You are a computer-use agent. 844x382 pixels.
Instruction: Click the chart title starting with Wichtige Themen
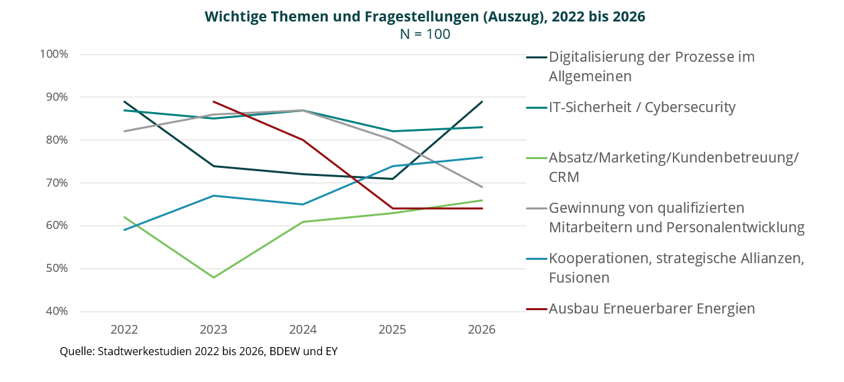pyautogui.click(x=425, y=17)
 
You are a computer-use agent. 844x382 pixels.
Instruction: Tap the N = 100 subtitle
pyautogui.click(x=425, y=34)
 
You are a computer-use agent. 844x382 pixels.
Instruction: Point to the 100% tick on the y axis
pyautogui.click(x=54, y=54)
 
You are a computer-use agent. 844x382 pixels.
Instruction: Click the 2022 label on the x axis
pyautogui.click(x=124, y=330)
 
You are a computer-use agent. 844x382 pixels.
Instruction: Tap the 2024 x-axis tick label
pyautogui.click(x=303, y=330)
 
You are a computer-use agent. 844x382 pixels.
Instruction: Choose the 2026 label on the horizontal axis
pyautogui.click(x=482, y=330)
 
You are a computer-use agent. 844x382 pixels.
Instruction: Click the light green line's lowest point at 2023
pyautogui.click(x=213, y=277)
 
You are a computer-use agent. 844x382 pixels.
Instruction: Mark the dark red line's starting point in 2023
pyautogui.click(x=213, y=101)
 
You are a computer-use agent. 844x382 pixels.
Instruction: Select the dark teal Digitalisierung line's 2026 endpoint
pyautogui.click(x=482, y=101)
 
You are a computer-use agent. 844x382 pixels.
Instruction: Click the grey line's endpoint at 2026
pyautogui.click(x=482, y=187)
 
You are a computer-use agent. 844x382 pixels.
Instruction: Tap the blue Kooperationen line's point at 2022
pyautogui.click(x=124, y=230)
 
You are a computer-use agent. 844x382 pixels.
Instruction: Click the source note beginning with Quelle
pyautogui.click(x=199, y=352)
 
